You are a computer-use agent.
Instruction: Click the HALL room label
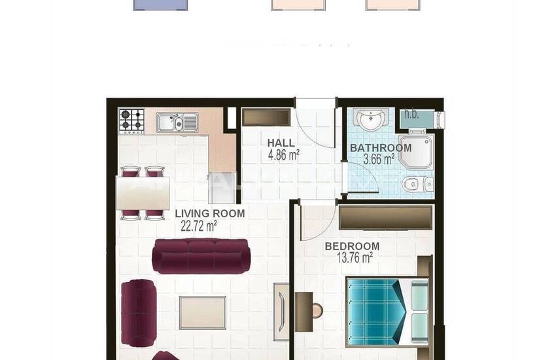click(281, 143)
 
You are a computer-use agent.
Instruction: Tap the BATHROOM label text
click(381, 148)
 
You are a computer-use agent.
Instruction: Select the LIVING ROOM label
click(210, 213)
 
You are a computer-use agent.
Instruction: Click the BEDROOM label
click(352, 246)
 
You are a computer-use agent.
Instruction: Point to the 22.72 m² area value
click(199, 226)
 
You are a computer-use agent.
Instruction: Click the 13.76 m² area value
click(354, 258)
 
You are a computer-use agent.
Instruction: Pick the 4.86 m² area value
click(283, 155)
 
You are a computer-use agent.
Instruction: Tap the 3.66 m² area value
click(379, 159)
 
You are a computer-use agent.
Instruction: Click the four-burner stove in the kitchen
click(131, 122)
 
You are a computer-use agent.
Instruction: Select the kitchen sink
click(177, 122)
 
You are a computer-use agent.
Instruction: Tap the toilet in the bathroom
click(417, 183)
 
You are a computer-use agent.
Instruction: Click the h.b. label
click(411, 115)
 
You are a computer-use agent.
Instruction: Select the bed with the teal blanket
click(387, 311)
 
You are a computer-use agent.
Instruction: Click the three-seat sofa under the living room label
click(201, 256)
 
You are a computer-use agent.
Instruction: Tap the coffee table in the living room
click(203, 312)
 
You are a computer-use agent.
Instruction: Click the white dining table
click(143, 192)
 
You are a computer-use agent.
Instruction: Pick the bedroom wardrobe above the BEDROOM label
click(386, 217)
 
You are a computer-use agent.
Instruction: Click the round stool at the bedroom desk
click(317, 310)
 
